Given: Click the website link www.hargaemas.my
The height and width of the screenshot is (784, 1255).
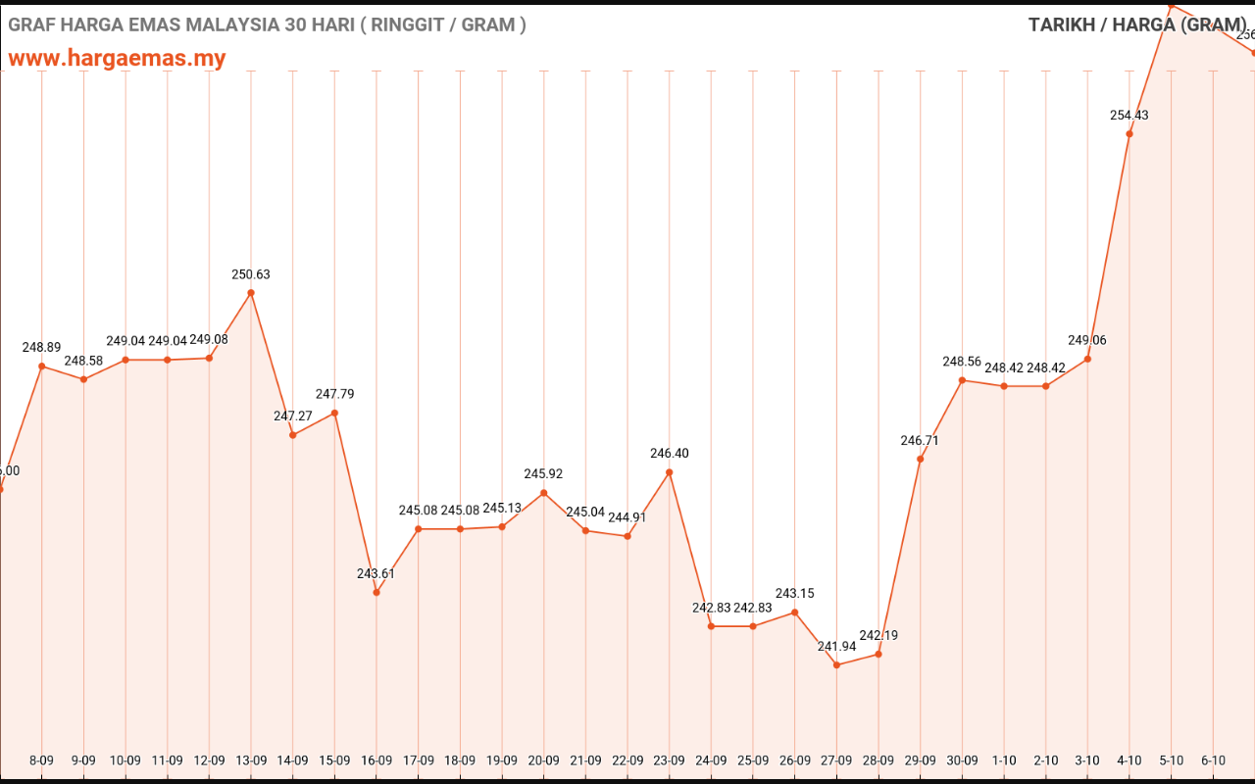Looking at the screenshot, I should click(117, 59).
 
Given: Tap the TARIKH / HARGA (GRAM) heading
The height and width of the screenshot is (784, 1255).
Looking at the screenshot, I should click(1137, 24).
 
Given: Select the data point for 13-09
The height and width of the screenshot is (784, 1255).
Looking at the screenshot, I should click(251, 293).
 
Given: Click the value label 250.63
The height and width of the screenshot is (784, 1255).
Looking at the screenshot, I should click(251, 274).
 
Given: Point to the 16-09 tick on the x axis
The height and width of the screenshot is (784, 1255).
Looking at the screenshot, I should click(376, 760).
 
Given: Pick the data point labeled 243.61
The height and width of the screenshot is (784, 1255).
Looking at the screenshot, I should click(376, 592).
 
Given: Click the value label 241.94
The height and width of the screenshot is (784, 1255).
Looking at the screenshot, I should click(836, 646).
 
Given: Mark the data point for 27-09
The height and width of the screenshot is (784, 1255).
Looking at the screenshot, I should click(836, 665).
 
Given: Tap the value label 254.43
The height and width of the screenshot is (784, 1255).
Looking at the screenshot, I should click(1129, 115).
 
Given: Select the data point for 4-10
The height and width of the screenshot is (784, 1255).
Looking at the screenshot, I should click(1129, 134).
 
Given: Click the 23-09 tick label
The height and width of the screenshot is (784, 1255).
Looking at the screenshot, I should click(670, 760).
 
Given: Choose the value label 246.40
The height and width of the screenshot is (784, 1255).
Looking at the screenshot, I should click(670, 453).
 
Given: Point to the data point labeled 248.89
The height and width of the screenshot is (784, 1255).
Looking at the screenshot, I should click(41, 367).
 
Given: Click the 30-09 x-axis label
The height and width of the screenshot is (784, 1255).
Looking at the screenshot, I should click(962, 760).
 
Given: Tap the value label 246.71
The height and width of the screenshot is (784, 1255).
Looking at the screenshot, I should click(920, 440).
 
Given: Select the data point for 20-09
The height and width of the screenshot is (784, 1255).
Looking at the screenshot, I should click(544, 493).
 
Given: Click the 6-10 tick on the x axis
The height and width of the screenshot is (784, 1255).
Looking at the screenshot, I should click(1213, 760).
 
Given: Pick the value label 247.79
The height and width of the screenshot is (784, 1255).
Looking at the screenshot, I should click(334, 394).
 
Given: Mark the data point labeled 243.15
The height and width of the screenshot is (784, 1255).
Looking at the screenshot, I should click(794, 612).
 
